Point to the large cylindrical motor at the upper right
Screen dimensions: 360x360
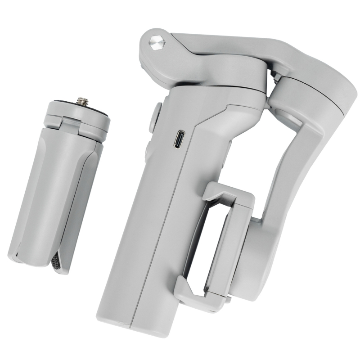(310, 101)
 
